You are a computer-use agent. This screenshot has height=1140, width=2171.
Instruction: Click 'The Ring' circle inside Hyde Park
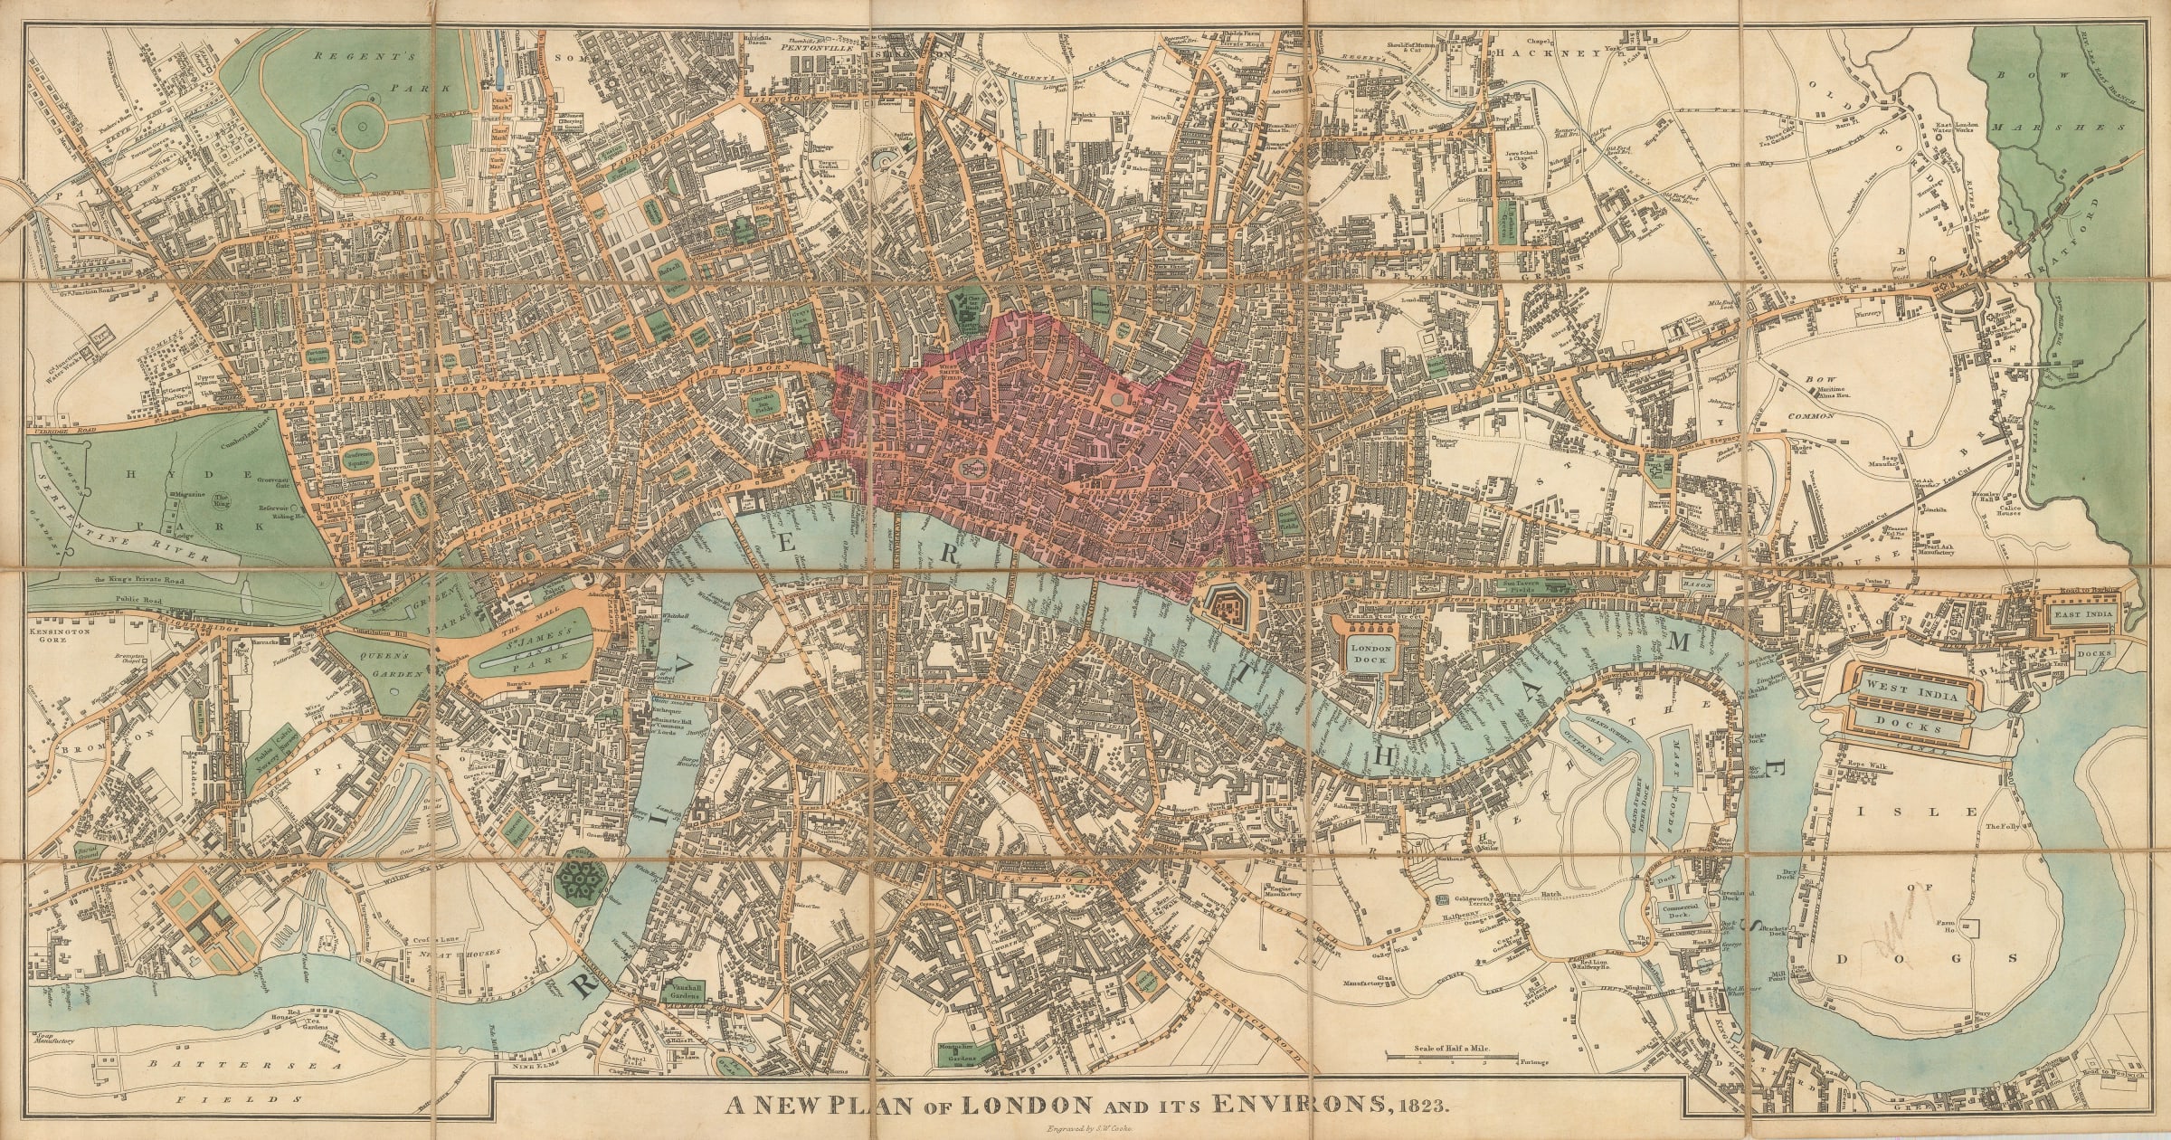coord(222,499)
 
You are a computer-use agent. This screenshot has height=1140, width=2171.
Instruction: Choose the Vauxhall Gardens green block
coord(685,995)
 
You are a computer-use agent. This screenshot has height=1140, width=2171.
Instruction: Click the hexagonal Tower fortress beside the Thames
coord(1228,608)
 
